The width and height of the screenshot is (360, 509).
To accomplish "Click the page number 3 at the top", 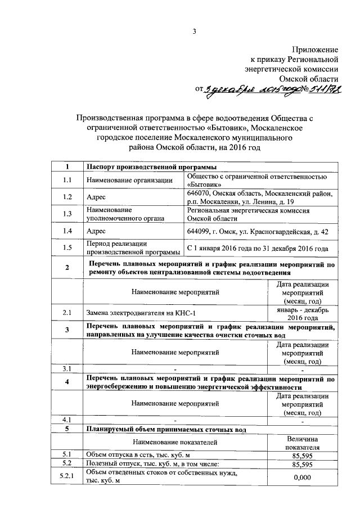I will (193, 31).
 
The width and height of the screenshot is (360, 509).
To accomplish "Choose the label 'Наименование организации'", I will (129, 180).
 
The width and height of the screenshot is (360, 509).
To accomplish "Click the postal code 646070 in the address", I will (199, 193).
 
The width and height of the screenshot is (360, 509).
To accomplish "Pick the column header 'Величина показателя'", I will (303, 443).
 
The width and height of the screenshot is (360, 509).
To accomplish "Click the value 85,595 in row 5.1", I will (303, 454).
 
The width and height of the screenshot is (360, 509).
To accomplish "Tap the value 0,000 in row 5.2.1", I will (303, 478).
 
